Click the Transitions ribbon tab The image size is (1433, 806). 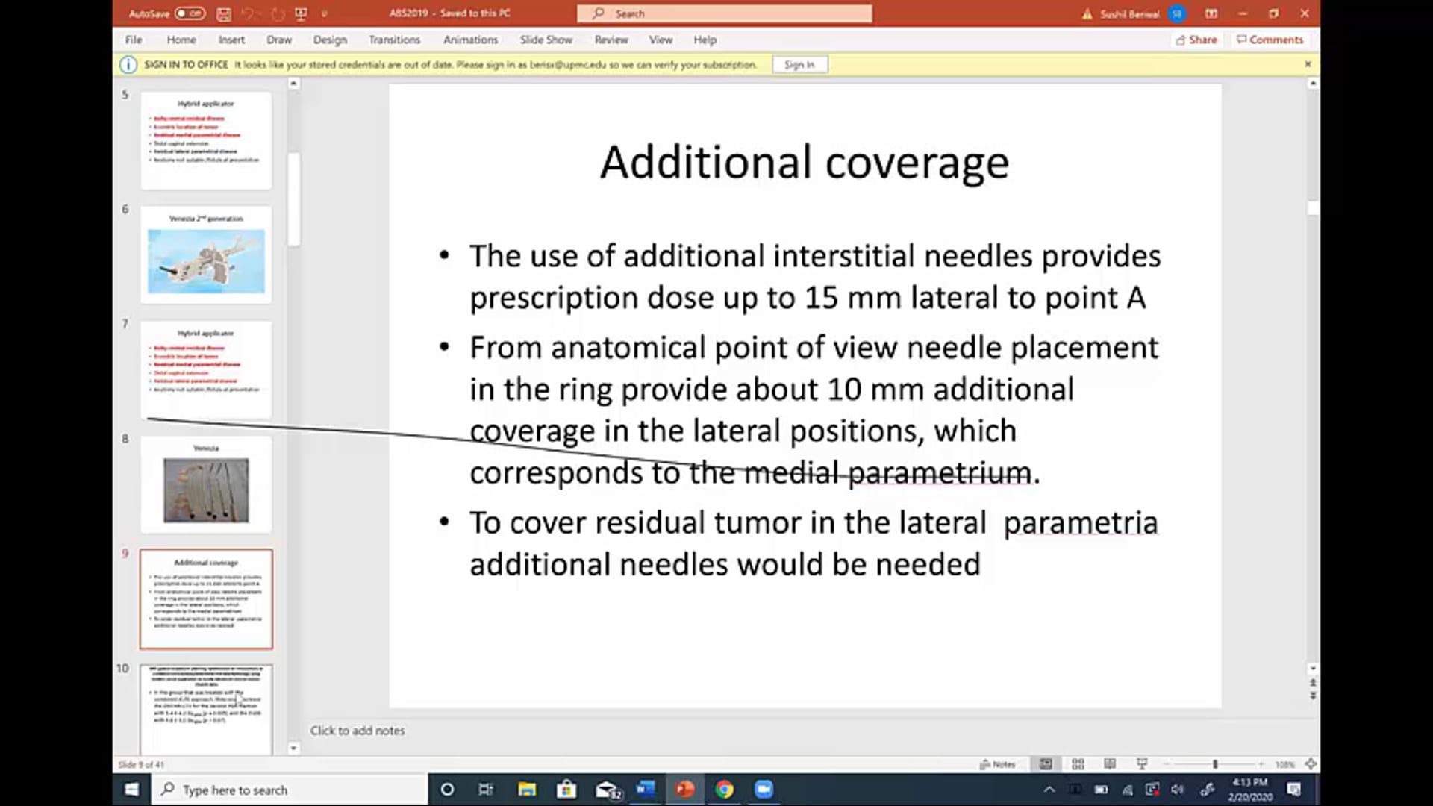click(x=394, y=40)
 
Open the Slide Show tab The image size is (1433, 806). click(x=546, y=40)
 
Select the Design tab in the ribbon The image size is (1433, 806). click(x=330, y=40)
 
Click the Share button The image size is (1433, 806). click(x=1196, y=40)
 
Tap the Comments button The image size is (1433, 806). click(x=1270, y=40)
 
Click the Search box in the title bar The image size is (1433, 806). click(x=724, y=13)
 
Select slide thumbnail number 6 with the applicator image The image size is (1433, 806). click(x=206, y=255)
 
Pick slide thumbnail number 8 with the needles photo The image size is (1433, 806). click(x=206, y=485)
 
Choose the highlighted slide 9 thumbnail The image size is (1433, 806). click(x=206, y=599)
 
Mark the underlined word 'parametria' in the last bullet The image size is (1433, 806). click(x=1080, y=523)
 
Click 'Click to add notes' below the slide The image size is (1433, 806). click(x=358, y=731)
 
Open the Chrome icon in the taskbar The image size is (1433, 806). click(x=724, y=789)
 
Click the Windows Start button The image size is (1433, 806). click(x=131, y=789)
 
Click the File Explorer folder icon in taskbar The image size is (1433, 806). click(x=527, y=789)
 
